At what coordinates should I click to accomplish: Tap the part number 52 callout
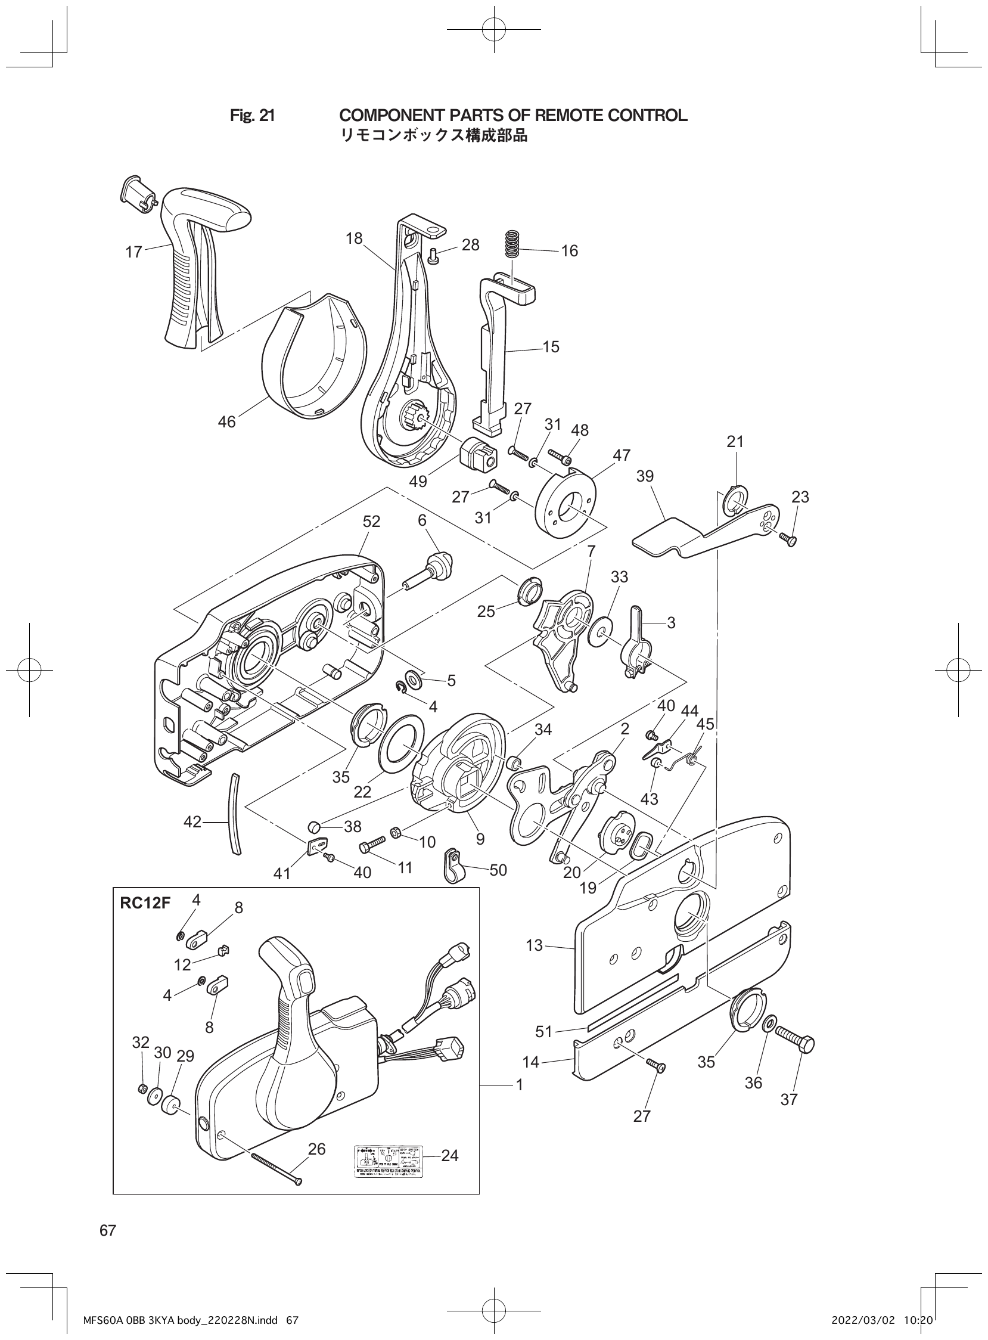371,521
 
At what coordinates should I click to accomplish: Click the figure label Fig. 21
253,116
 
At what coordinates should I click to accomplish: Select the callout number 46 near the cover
226,422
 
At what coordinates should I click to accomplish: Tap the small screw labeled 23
788,539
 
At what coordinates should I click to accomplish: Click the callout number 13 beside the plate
535,945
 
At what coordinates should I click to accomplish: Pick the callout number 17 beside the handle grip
133,252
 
